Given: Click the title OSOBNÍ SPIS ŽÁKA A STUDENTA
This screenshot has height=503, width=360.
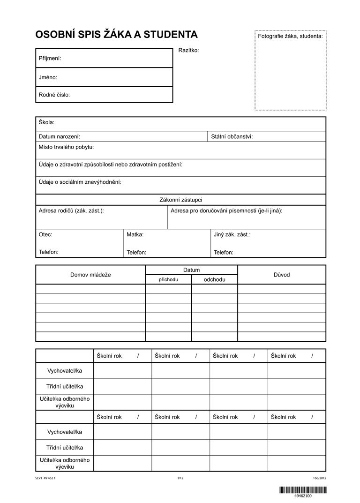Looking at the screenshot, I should coord(116,35).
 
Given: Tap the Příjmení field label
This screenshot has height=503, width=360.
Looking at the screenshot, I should coord(50,59).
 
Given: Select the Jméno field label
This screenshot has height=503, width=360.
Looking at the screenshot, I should coord(48,77).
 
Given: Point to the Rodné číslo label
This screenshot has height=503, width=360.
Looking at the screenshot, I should coord(54,95).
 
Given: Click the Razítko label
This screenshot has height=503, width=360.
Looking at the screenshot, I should coord(189,50).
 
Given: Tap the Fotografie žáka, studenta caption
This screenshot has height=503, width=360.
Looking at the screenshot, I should coord(290,36).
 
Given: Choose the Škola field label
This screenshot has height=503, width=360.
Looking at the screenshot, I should coord(46,123).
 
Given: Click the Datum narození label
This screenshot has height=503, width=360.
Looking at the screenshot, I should coord(59,136).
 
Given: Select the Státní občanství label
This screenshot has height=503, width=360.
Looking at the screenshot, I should coord(232,136).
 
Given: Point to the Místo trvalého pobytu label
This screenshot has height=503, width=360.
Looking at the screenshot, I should coord(66,147).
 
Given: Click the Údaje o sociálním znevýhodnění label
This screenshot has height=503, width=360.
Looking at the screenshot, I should coord(80,182).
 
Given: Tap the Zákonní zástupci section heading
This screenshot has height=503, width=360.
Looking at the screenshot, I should coord(180,200).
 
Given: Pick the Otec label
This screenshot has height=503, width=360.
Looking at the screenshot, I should coord(45,234).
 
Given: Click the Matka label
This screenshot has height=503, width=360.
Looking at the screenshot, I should coord(135,234).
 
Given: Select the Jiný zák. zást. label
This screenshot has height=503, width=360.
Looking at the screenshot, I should coord(232,234).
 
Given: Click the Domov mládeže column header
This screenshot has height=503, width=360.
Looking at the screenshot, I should coord(90,275).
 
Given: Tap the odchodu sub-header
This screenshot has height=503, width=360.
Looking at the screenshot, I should coord(214,280).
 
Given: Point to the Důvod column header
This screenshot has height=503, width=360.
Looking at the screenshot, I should coord(282,275).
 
